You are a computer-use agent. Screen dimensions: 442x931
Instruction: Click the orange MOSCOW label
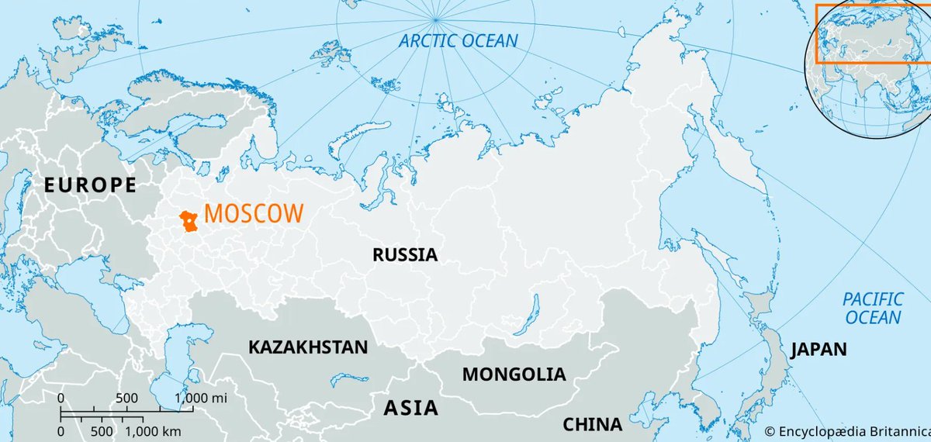[x=254, y=215]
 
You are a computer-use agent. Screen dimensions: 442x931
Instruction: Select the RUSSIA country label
[x=404, y=254]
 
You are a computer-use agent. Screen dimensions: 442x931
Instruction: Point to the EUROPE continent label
[x=90, y=185]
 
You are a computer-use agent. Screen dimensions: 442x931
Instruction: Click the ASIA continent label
[x=410, y=408]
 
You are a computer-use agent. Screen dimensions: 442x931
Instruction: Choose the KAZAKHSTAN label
[x=308, y=347]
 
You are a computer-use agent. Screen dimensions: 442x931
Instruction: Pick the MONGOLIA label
[x=514, y=374]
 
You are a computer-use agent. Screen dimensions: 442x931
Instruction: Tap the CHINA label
[x=592, y=424]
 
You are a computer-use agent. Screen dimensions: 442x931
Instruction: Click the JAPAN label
[x=819, y=350]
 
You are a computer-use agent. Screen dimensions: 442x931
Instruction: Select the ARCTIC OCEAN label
[x=459, y=41]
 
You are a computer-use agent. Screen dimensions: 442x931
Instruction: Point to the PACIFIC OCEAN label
[x=874, y=308]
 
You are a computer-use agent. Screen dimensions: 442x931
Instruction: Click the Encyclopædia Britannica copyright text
[x=846, y=430]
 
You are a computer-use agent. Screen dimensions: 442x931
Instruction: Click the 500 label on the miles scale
[x=126, y=399]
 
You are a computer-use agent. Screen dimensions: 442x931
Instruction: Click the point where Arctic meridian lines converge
[x=437, y=19]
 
